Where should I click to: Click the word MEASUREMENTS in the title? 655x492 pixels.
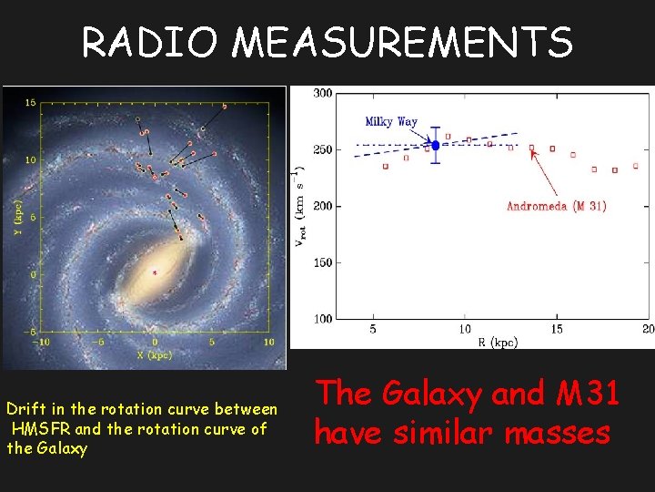pos(402,43)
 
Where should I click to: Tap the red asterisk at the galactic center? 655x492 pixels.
pos(155,272)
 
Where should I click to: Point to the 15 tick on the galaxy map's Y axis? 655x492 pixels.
pos(30,103)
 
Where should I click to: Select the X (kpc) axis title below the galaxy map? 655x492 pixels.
pos(154,354)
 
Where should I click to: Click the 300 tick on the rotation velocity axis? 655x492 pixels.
pos(322,93)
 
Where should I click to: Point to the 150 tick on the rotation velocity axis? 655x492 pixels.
pos(322,262)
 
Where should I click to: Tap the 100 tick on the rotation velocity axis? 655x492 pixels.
pos(322,318)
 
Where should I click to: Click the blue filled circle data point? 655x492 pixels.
pos(435,145)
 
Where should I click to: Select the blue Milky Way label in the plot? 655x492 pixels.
pos(391,122)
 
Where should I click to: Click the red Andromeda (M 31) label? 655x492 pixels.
pos(556,206)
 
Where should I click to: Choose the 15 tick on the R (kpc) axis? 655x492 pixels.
pos(556,329)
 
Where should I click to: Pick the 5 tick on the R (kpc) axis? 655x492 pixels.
pos(373,329)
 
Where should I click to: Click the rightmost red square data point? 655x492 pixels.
pos(635,166)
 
